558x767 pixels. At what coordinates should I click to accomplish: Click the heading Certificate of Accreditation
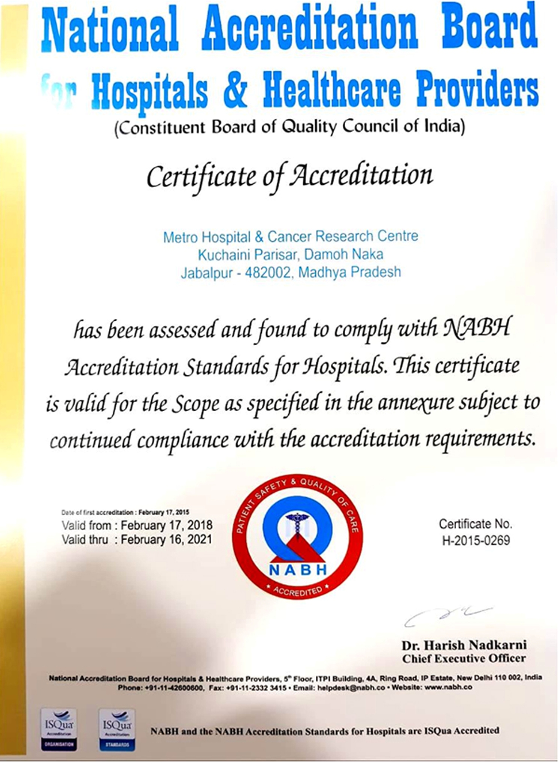[x=289, y=176]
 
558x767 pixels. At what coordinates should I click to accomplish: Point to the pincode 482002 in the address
[x=267, y=272]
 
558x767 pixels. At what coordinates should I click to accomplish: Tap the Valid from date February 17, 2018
[x=167, y=525]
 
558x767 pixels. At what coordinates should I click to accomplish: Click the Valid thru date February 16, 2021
[x=167, y=539]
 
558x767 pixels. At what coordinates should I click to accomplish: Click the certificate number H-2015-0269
[x=476, y=540]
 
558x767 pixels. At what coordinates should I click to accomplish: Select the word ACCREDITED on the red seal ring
[x=298, y=591]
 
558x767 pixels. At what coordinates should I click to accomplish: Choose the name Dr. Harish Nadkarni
[x=464, y=645]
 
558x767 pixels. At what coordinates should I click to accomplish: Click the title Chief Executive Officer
[x=464, y=658]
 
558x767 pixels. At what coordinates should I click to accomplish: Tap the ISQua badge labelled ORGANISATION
[x=59, y=729]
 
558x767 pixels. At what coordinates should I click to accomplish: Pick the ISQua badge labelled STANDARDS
[x=117, y=729]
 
